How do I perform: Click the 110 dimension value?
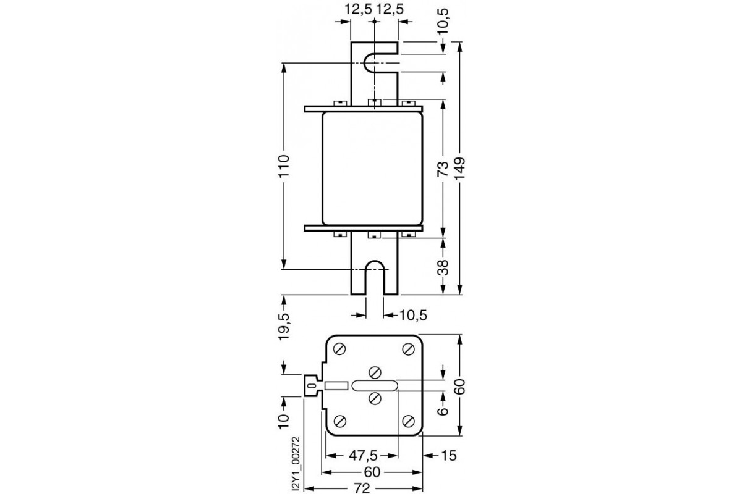(x=283, y=165)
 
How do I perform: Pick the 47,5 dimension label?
(x=362, y=456)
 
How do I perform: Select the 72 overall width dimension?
(x=362, y=488)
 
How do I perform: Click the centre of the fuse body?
(x=373, y=168)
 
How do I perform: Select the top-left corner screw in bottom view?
(x=339, y=349)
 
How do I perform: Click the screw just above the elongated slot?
(x=374, y=372)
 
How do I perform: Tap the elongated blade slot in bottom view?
(x=375, y=386)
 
